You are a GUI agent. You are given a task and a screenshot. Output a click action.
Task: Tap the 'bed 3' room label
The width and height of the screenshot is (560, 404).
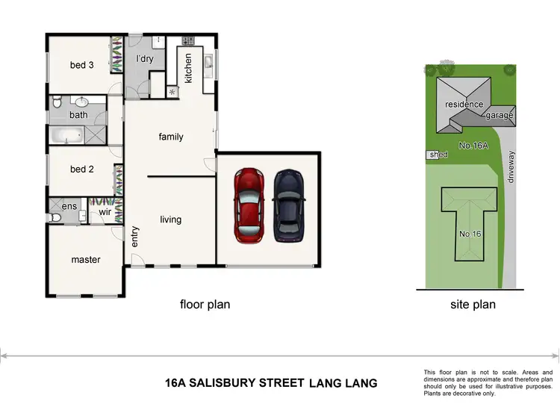pyautogui.click(x=81, y=65)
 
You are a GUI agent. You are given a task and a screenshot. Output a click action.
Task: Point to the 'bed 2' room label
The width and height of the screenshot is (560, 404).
pyautogui.click(x=81, y=170)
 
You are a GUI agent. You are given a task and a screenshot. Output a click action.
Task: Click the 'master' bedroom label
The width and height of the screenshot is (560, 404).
pyautogui.click(x=86, y=260)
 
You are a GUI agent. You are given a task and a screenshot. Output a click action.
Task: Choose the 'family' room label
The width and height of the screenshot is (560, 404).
pyautogui.click(x=171, y=137)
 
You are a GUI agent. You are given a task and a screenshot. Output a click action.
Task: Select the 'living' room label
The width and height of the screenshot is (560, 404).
pyautogui.click(x=171, y=220)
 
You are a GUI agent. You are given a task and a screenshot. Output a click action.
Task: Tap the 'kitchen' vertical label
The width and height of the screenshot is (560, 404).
pyautogui.click(x=188, y=68)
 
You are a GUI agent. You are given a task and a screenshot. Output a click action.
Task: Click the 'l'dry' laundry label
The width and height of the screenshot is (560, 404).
pyautogui.click(x=145, y=58)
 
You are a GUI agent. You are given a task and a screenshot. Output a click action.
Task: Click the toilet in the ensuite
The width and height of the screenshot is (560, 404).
pyautogui.click(x=55, y=217)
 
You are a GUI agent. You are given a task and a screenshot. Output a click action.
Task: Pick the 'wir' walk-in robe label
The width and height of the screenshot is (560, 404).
pyautogui.click(x=105, y=212)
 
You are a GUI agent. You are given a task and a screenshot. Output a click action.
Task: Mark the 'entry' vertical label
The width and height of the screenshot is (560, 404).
pyautogui.click(x=135, y=237)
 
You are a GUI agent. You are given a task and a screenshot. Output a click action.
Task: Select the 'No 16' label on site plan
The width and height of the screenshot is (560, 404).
pyautogui.click(x=470, y=234)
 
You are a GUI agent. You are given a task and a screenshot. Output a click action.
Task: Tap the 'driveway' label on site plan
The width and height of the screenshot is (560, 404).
pyautogui.click(x=511, y=169)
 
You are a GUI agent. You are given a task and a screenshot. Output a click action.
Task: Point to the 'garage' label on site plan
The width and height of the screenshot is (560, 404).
pyautogui.click(x=500, y=116)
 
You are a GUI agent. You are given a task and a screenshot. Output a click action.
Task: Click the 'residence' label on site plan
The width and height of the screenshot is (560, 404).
pyautogui.click(x=464, y=105)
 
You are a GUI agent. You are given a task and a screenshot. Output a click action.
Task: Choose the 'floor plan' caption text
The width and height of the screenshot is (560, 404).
pyautogui.click(x=205, y=304)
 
